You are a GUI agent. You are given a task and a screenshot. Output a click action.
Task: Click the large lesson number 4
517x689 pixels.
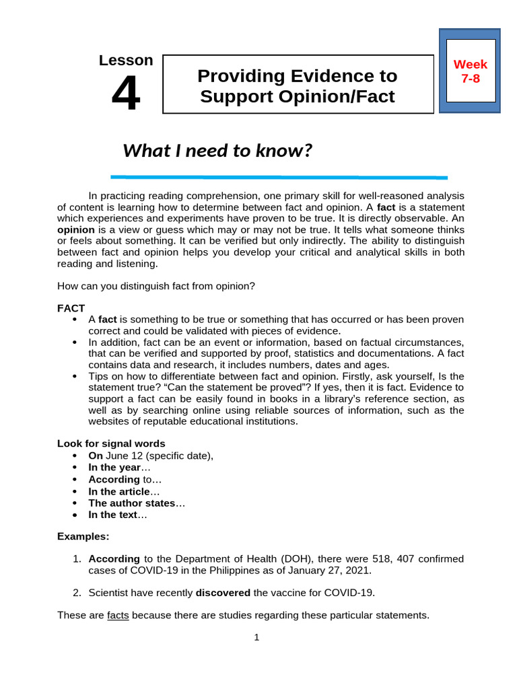126,94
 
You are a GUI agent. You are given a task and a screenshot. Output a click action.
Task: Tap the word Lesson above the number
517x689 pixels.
126,61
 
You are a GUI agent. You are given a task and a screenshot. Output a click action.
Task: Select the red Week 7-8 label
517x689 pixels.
470,71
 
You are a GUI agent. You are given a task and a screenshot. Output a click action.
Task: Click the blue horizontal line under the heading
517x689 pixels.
278,177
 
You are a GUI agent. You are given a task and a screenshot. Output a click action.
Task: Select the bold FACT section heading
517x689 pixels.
71,308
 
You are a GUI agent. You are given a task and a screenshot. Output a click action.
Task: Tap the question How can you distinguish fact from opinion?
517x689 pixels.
156,286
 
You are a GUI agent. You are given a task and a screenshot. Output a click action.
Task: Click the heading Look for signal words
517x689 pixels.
111,443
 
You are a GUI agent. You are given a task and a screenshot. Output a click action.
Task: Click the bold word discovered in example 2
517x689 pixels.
223,593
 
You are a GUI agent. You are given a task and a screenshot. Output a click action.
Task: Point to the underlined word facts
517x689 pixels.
118,615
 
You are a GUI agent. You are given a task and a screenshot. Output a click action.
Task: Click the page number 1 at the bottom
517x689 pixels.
257,638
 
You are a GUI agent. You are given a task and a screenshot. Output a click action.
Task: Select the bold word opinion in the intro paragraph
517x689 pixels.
76,229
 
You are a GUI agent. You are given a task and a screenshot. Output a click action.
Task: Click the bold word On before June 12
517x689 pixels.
96,456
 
